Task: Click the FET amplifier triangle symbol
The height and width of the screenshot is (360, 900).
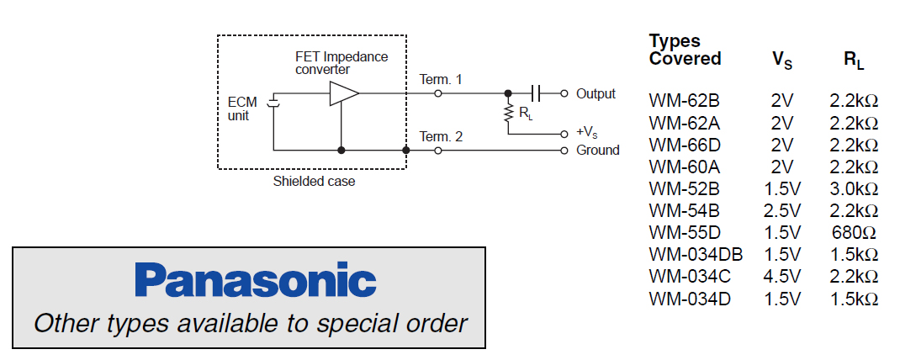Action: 343,93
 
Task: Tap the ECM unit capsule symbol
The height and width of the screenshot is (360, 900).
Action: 272,103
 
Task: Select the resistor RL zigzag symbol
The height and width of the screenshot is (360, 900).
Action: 508,113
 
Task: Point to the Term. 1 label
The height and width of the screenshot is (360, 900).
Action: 441,80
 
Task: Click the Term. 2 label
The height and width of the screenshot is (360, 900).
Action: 441,137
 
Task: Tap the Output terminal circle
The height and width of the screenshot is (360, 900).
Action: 564,93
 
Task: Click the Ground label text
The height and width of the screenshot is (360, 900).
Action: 597,151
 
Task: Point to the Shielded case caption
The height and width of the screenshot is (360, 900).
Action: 314,182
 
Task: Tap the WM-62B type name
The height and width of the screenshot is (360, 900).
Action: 684,101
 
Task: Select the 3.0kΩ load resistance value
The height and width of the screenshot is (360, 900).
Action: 854,188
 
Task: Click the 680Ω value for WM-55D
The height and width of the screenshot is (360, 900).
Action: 854,232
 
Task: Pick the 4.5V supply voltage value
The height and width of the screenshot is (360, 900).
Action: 781,276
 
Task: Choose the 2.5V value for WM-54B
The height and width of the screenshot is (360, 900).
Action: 781,210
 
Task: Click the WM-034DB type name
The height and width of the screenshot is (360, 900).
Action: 696,254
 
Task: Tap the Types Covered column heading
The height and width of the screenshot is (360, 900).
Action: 685,50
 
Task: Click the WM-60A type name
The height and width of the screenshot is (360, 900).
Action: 684,167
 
